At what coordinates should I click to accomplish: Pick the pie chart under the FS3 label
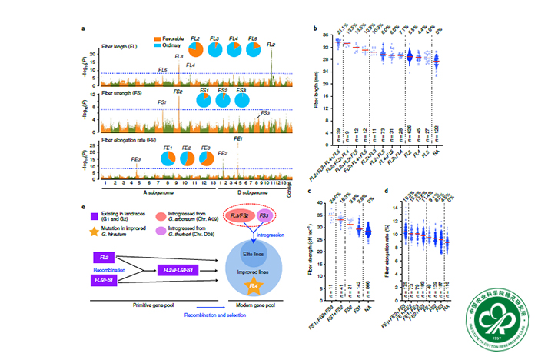[x=242, y=102]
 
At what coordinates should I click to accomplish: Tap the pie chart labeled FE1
[x=167, y=158]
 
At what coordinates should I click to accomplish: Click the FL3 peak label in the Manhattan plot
[x=179, y=57]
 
